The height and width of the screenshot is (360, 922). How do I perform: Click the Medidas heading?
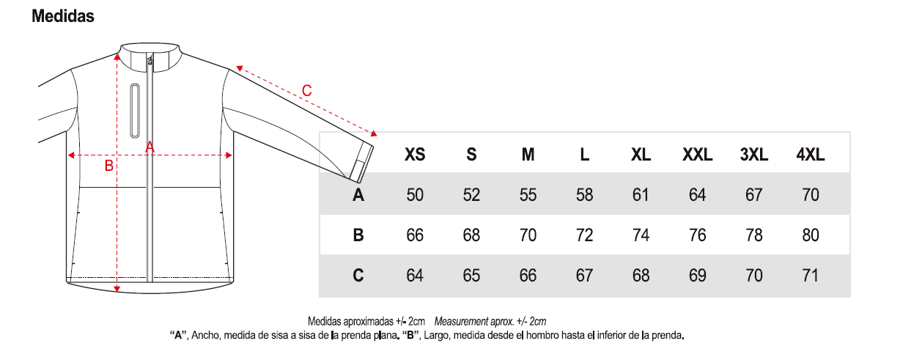[x=63, y=16]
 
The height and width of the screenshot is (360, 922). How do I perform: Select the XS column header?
[x=415, y=155]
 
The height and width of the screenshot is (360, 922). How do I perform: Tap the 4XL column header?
[x=810, y=155]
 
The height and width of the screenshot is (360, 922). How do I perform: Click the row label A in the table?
[x=358, y=195]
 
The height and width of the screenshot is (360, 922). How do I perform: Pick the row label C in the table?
[x=358, y=275]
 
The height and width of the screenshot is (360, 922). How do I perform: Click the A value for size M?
[x=528, y=195]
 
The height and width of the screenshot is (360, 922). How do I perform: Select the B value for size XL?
[x=641, y=235]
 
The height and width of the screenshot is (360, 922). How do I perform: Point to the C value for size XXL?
[x=697, y=275]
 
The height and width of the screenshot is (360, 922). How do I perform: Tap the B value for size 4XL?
[x=810, y=235]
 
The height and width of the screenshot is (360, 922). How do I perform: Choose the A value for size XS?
[x=415, y=195]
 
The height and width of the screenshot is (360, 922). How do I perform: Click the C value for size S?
[x=471, y=275]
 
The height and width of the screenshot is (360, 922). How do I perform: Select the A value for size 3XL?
[x=753, y=195]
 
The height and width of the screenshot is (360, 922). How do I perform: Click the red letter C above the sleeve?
[x=306, y=91]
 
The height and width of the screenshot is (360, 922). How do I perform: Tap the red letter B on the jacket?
[x=108, y=166]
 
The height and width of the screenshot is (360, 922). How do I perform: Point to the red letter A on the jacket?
[x=150, y=147]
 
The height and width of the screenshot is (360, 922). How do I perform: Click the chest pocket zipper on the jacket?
[x=135, y=111]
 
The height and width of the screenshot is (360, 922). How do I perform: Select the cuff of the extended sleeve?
[x=362, y=163]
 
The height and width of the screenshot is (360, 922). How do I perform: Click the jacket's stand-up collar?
[x=150, y=57]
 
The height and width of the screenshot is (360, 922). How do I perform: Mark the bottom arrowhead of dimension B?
[x=117, y=289]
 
